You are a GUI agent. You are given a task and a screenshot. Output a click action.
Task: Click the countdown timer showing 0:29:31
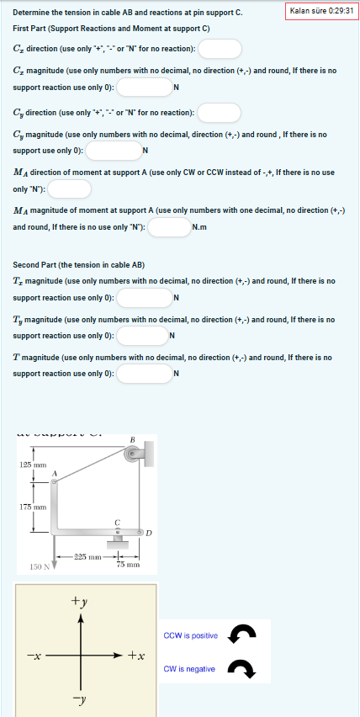click(321, 11)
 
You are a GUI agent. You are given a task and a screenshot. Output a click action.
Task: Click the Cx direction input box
click(220, 50)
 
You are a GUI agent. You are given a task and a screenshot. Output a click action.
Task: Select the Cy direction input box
click(220, 113)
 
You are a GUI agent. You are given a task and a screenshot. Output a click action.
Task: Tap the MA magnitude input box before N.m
click(169, 227)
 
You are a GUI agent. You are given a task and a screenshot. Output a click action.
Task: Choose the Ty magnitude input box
click(143, 337)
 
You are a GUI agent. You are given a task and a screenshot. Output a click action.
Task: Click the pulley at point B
click(131, 454)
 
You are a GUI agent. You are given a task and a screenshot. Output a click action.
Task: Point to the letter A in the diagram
click(55, 475)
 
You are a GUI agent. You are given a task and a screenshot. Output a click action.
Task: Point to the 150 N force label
click(40, 566)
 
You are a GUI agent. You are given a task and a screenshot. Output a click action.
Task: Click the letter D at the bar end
click(149, 532)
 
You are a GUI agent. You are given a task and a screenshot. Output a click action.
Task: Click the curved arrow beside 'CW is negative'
click(243, 670)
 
